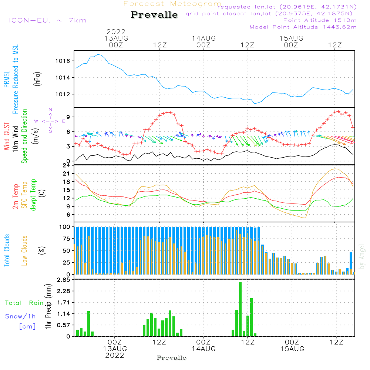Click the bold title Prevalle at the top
(154, 15)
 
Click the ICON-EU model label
(30, 20)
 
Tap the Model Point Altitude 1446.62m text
(303, 27)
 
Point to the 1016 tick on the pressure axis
(63, 61)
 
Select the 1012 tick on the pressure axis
(63, 94)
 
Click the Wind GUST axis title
(7, 136)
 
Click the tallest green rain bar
(240, 309)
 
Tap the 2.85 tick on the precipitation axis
(64, 280)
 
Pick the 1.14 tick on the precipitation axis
(64, 314)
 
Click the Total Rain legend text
(24, 303)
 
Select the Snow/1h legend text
(20, 316)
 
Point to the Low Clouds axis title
(24, 250)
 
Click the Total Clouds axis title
(7, 250)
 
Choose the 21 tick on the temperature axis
(66, 174)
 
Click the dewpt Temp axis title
(33, 195)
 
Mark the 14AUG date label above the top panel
(203, 38)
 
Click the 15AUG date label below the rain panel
(292, 349)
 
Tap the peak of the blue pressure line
(98, 54)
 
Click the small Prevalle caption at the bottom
(172, 358)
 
